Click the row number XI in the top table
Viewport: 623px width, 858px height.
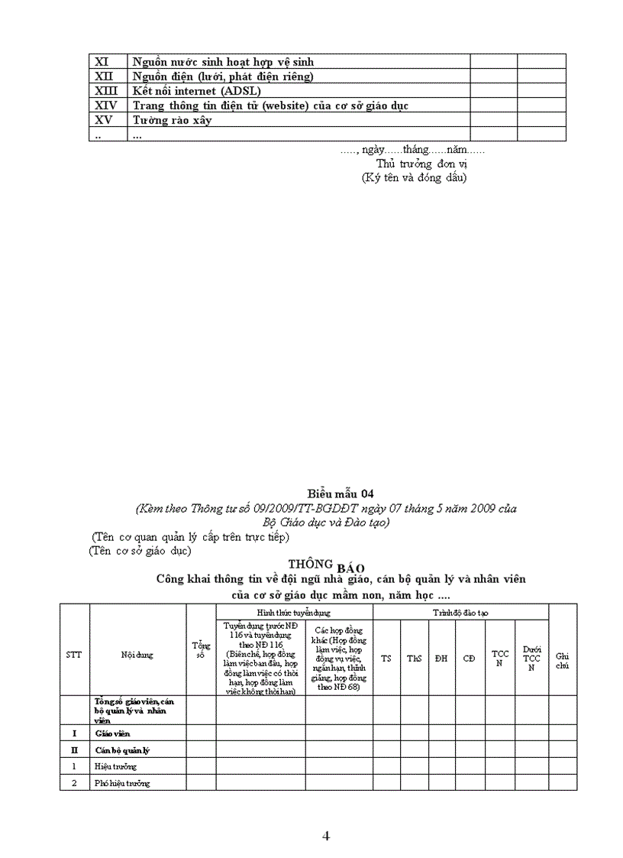(x=101, y=62)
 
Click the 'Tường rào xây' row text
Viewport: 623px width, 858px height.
(x=172, y=120)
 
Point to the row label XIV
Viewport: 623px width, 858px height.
(x=105, y=105)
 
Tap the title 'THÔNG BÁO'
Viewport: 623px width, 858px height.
(x=315, y=565)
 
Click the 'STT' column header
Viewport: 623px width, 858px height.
(x=74, y=655)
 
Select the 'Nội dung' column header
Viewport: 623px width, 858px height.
(x=137, y=655)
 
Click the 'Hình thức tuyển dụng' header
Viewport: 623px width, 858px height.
(x=294, y=613)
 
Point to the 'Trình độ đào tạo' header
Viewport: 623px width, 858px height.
(x=460, y=613)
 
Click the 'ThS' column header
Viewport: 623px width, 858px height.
(x=414, y=658)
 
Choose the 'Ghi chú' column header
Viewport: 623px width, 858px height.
(x=563, y=660)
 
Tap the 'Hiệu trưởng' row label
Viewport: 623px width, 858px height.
(x=116, y=766)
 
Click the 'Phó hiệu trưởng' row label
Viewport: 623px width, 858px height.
(x=122, y=783)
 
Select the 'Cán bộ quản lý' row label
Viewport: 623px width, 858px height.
(x=121, y=750)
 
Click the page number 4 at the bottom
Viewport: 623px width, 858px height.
(x=326, y=836)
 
